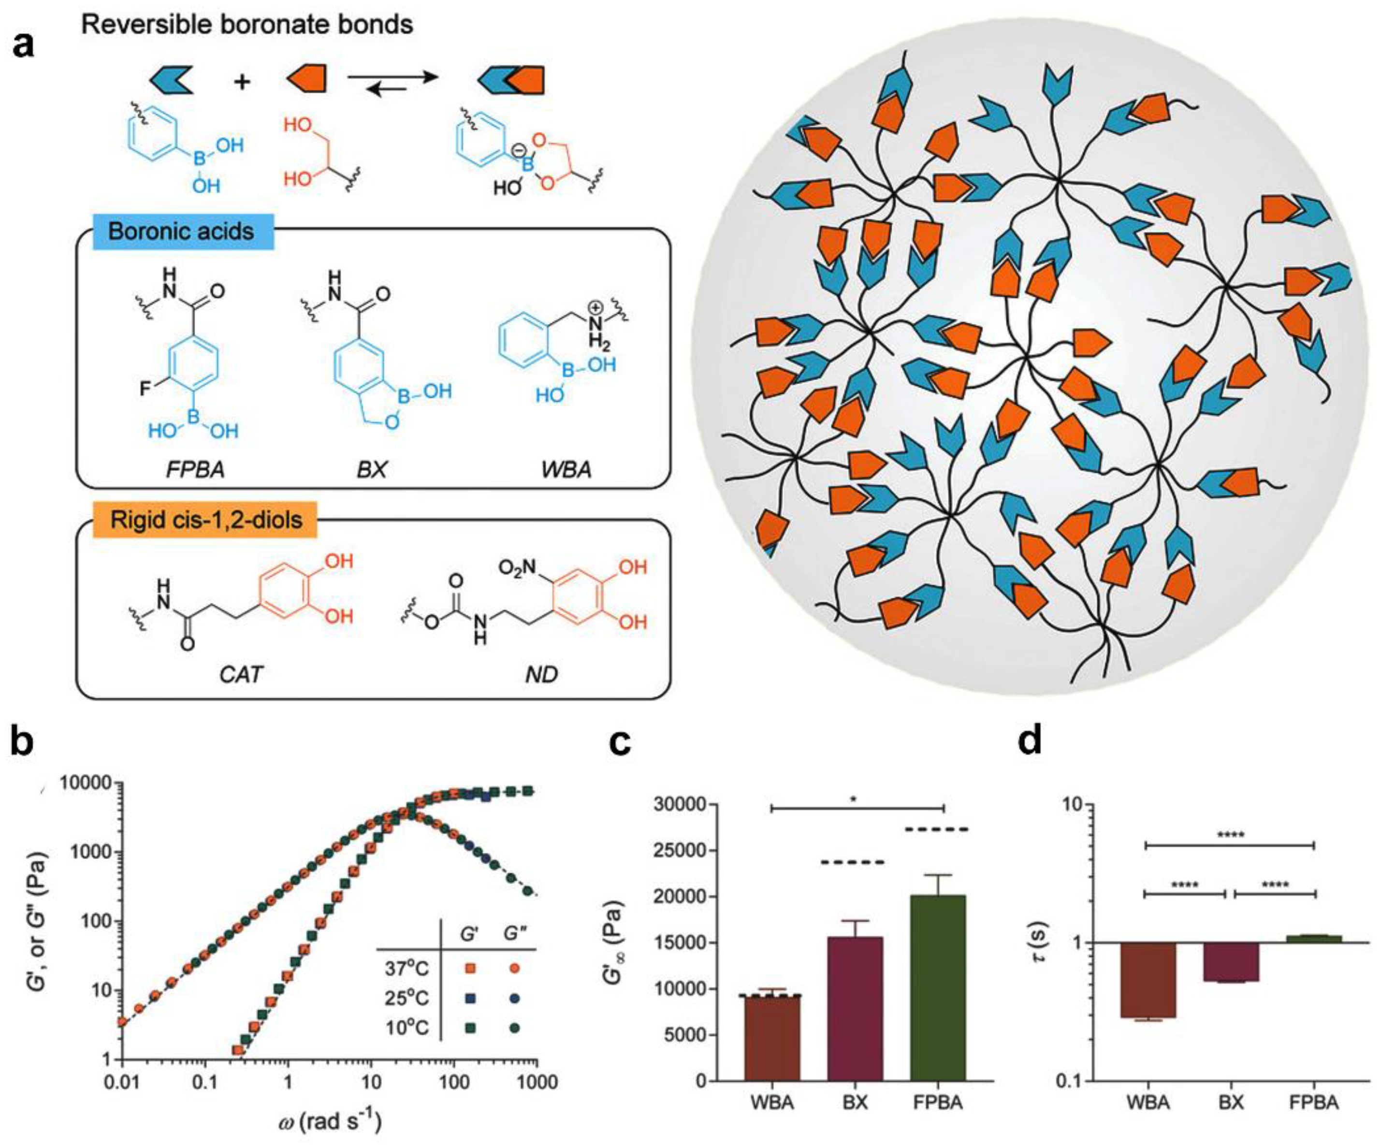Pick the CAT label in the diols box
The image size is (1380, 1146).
(241, 674)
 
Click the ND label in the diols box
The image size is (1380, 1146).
(541, 674)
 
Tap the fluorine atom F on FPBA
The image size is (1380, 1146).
(145, 390)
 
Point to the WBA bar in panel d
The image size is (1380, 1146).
(1148, 980)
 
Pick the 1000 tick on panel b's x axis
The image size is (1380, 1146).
(537, 1082)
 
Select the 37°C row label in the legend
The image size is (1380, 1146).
(406, 968)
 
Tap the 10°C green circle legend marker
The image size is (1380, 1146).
(515, 1028)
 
